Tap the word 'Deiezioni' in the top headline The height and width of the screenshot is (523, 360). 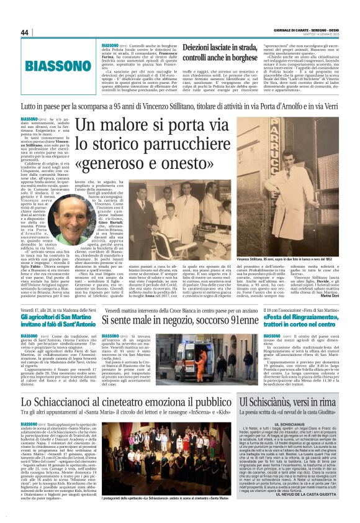209,48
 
